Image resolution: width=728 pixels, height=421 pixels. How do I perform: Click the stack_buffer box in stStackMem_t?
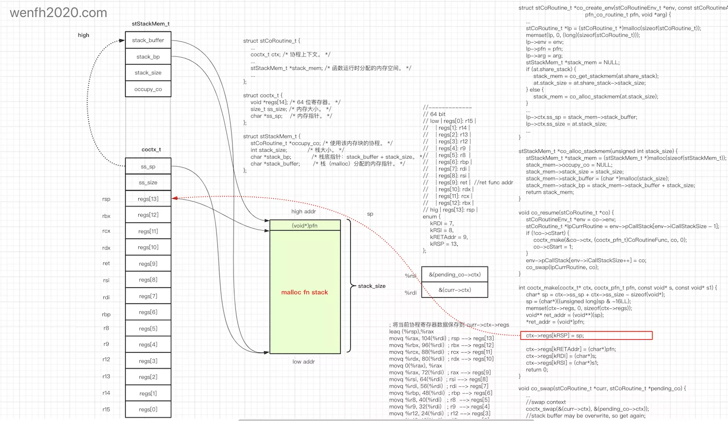point(148,40)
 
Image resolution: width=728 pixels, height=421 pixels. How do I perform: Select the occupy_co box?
point(148,89)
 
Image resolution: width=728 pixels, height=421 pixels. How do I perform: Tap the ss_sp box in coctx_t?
point(148,167)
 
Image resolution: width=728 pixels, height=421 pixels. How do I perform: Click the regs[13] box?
point(148,199)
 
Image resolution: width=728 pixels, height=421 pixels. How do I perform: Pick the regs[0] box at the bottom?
point(148,409)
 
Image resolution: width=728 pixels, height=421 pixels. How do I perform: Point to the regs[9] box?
point(148,264)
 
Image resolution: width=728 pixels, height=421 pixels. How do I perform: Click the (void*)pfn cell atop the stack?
point(305,225)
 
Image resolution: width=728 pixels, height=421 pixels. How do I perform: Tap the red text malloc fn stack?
point(305,292)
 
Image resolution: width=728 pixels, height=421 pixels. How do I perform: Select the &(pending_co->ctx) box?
point(455,274)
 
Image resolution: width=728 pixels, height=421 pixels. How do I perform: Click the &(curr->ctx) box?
point(455,290)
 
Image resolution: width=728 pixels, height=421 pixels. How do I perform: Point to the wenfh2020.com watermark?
point(59,13)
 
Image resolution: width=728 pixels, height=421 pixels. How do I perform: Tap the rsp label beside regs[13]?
point(106,199)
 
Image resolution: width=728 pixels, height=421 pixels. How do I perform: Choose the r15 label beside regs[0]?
point(106,409)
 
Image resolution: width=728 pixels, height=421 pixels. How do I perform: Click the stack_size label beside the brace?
point(372,286)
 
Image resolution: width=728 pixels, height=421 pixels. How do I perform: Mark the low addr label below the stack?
point(304,362)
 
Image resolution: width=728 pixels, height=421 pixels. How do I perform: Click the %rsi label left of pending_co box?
point(411,276)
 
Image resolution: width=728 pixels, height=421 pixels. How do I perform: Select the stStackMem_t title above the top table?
point(150,24)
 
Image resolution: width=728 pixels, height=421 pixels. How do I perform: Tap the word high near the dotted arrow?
point(83,35)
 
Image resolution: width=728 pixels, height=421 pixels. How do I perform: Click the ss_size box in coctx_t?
point(148,183)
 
